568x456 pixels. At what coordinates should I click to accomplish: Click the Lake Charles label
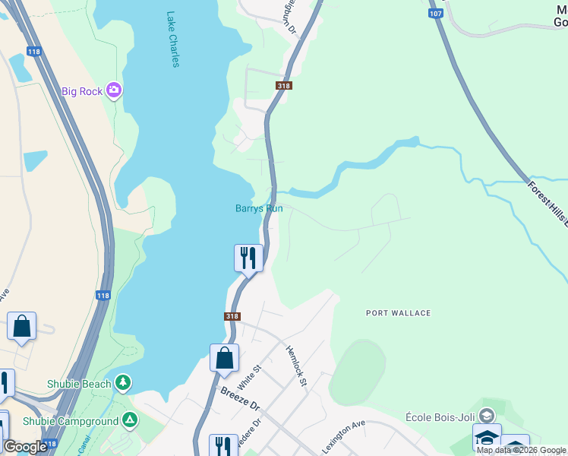click(172, 40)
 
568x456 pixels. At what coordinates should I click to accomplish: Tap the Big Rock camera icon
click(114, 91)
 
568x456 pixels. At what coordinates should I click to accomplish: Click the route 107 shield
click(435, 14)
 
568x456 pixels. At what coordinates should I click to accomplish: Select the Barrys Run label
click(259, 208)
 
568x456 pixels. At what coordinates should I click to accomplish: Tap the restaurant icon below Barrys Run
click(248, 258)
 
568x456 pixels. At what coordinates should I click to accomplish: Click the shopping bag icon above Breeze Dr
click(225, 358)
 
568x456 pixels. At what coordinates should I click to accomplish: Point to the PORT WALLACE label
click(398, 313)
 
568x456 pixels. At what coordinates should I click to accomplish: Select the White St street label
click(249, 375)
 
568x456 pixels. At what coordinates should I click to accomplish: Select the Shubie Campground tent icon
click(131, 420)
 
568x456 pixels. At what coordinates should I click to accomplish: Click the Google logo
click(25, 447)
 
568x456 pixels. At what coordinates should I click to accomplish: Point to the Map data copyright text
click(521, 450)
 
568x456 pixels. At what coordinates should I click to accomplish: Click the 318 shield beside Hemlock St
click(232, 316)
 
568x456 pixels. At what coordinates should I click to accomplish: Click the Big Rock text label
click(82, 92)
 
